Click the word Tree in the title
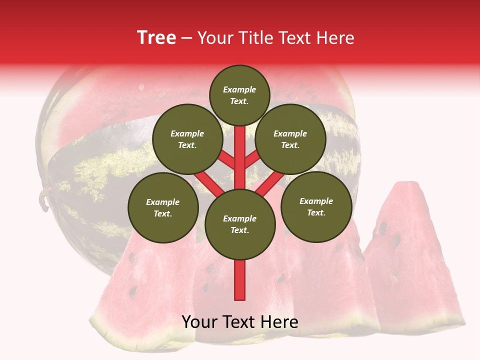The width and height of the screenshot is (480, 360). [156, 38]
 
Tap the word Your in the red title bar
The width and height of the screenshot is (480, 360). [216, 38]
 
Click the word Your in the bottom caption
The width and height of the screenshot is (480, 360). [200, 322]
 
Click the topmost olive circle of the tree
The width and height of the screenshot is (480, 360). [239, 95]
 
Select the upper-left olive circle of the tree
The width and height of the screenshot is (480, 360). [187, 139]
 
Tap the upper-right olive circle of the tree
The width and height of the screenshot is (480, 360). [290, 139]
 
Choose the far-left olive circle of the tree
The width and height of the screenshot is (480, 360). [163, 207]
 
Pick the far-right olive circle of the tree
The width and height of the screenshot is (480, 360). [316, 206]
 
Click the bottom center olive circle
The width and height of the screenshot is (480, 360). [240, 224]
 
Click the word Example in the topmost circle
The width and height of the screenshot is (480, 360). [239, 90]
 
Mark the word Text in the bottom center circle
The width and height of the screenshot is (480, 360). [239, 230]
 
